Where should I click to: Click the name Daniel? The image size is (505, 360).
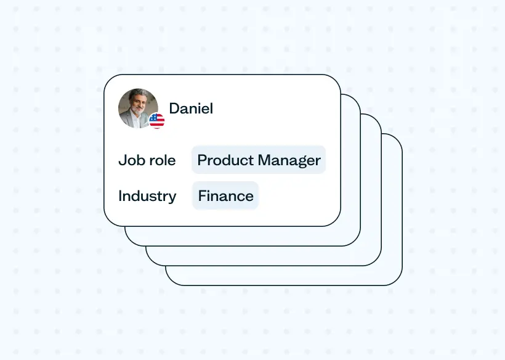191,108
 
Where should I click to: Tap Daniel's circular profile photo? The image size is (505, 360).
138,108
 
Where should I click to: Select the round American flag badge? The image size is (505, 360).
157,121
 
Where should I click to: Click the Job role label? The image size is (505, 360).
147,160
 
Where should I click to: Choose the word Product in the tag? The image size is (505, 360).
225,160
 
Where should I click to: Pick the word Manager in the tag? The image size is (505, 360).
289,161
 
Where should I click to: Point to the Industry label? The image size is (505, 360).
148,196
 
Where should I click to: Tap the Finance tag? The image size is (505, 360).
225,195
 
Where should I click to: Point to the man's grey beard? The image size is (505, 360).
139,110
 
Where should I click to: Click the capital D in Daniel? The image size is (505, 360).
174,108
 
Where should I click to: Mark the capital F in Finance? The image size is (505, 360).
202,195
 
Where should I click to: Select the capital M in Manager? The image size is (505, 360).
264,160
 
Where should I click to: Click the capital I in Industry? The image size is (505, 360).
120,195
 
